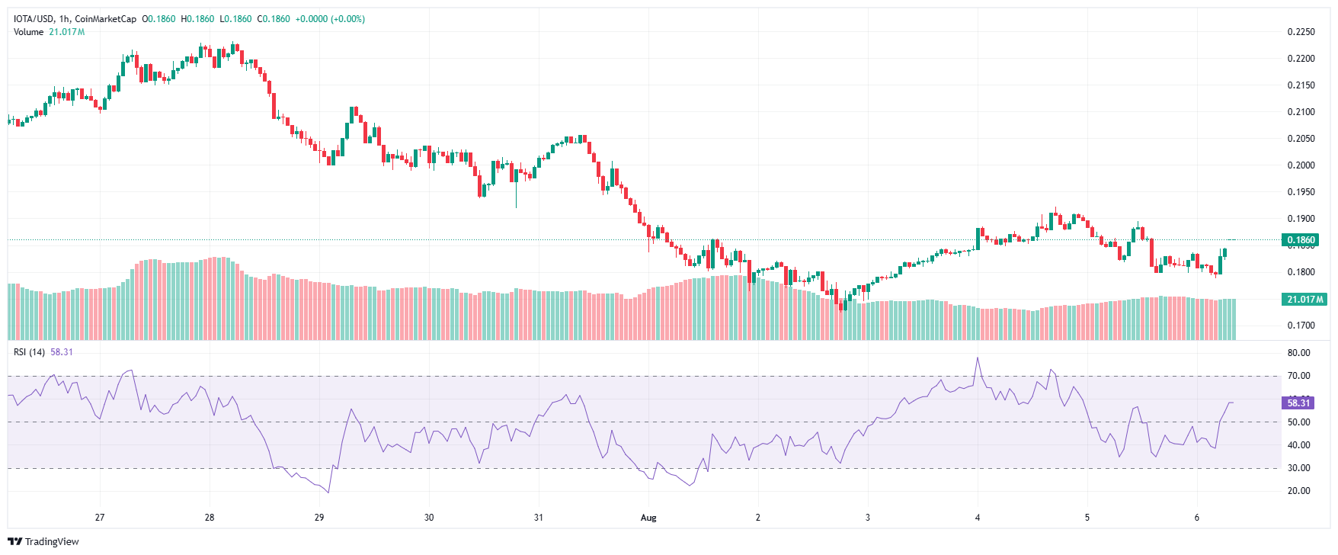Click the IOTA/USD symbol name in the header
point(34,19)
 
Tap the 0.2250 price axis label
point(1301,32)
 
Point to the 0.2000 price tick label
point(1301,165)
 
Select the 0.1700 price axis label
point(1301,326)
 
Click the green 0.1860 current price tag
point(1301,240)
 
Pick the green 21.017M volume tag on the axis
point(1304,300)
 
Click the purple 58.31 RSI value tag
point(1298,403)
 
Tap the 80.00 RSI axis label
point(1298,353)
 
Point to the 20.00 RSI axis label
point(1298,491)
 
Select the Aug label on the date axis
point(648,518)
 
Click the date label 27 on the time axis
point(100,518)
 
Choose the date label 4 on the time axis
point(978,518)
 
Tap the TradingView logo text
point(51,542)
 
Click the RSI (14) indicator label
point(29,352)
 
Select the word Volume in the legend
point(29,32)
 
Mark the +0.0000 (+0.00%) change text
point(330,19)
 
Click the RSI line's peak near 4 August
point(978,358)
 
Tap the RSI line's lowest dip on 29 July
point(328,492)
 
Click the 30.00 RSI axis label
point(1298,468)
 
